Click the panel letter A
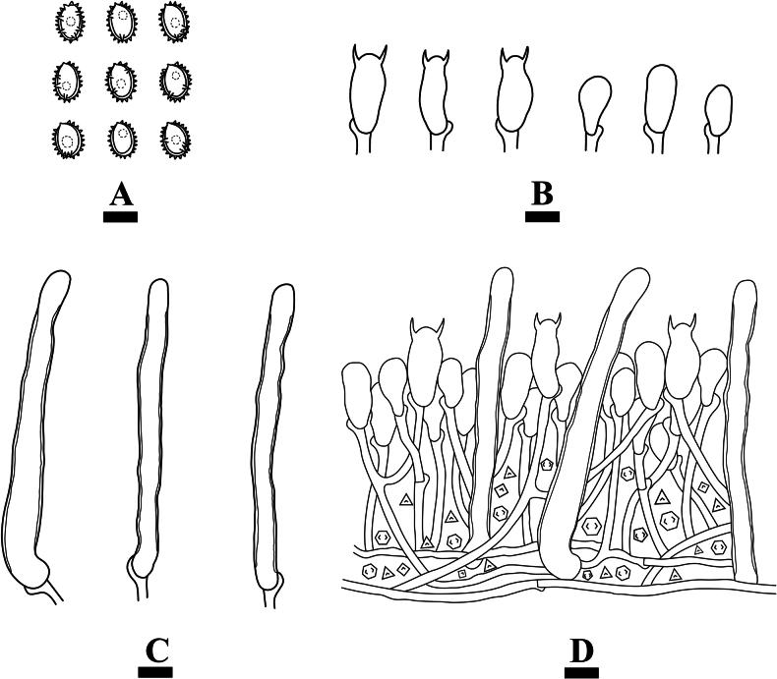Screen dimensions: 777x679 120,195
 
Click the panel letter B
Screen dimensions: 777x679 541,195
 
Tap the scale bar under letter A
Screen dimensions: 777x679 120,216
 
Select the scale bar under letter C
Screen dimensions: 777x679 155,672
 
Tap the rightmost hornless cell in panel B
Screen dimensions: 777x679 720,110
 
